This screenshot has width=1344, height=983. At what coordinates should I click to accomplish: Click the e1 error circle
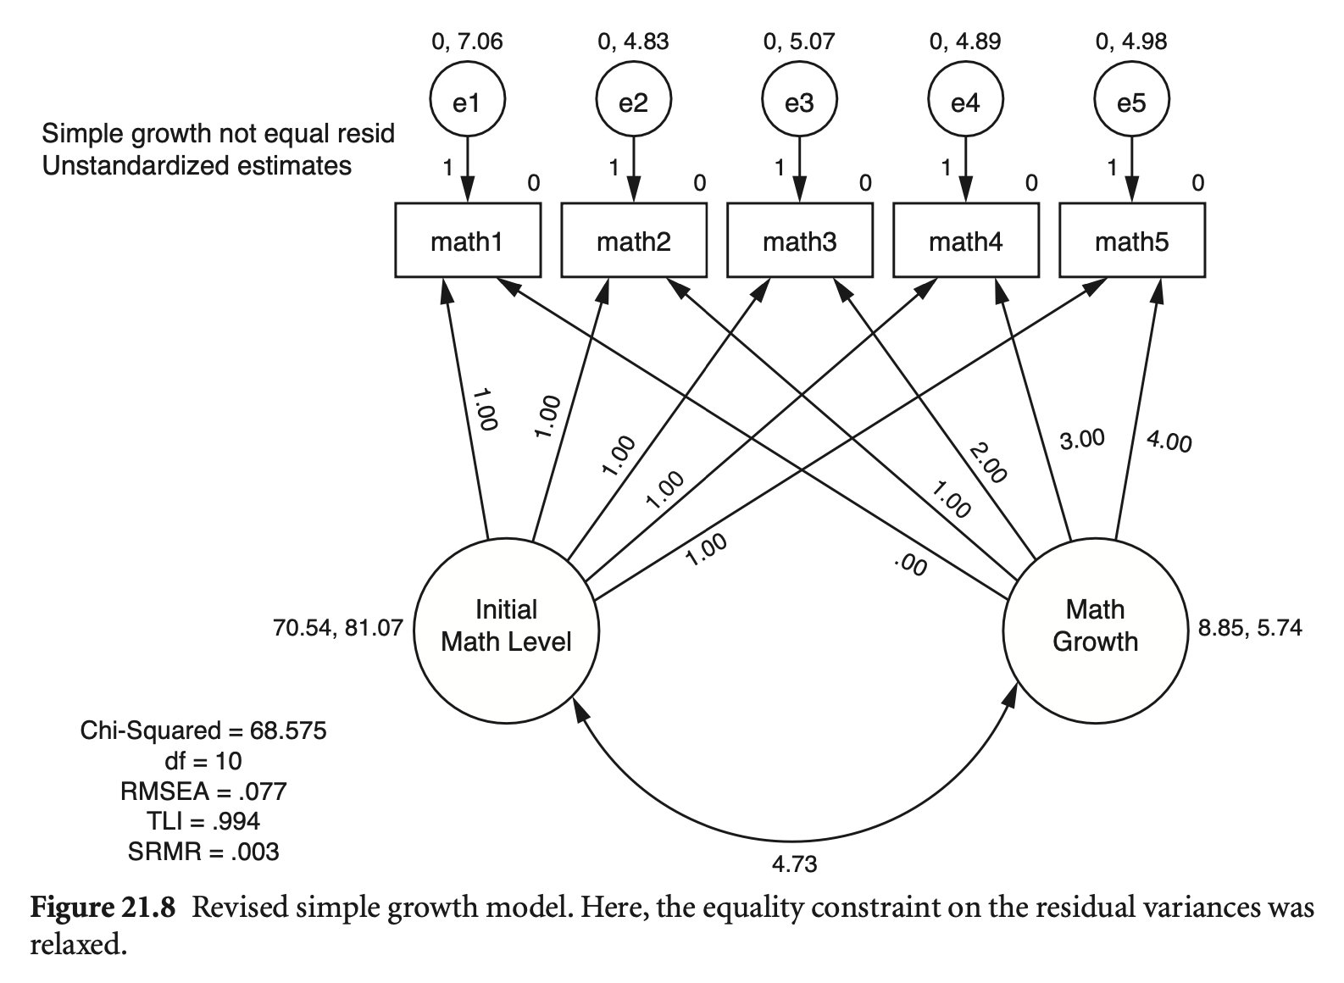pyautogui.click(x=467, y=103)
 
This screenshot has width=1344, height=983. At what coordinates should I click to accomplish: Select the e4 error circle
pyautogui.click(x=965, y=103)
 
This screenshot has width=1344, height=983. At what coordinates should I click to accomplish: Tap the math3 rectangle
pyautogui.click(x=799, y=242)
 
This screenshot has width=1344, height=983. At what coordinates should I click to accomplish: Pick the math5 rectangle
pyautogui.click(x=1131, y=242)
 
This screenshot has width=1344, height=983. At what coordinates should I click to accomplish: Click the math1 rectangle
pyautogui.click(x=467, y=242)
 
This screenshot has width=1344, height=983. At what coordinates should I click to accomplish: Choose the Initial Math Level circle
pyautogui.click(x=506, y=626)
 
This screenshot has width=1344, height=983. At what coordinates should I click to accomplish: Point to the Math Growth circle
pyautogui.click(x=1095, y=626)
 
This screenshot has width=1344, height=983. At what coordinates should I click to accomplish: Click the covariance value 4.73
pyautogui.click(x=794, y=864)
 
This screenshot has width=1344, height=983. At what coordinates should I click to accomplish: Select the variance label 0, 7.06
pyautogui.click(x=467, y=42)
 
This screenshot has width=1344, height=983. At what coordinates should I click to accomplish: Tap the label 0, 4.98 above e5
pyautogui.click(x=1131, y=42)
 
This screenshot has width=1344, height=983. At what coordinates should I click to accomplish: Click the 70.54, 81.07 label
pyautogui.click(x=337, y=629)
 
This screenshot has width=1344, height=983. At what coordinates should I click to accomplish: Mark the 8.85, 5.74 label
pyautogui.click(x=1250, y=628)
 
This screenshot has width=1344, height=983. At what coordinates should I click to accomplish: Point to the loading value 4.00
pyautogui.click(x=1169, y=442)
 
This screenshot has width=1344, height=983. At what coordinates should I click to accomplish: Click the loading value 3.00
pyautogui.click(x=1082, y=439)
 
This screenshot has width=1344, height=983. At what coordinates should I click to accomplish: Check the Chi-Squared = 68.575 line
pyautogui.click(x=203, y=730)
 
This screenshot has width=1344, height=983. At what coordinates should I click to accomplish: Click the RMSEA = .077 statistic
pyautogui.click(x=203, y=791)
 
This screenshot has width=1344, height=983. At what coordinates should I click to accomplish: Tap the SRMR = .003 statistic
pyautogui.click(x=203, y=851)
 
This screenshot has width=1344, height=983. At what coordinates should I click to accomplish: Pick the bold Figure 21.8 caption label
pyautogui.click(x=103, y=908)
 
